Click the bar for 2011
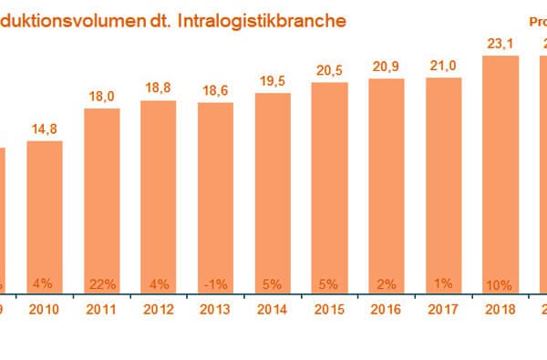coord(101,201)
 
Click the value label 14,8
coord(45,129)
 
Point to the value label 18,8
coord(159,89)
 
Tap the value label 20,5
coord(330,71)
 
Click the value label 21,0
coord(445,67)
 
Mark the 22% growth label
coord(101,282)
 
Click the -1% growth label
coord(215,282)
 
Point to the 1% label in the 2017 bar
coord(445,282)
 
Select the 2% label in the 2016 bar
coord(387,282)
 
